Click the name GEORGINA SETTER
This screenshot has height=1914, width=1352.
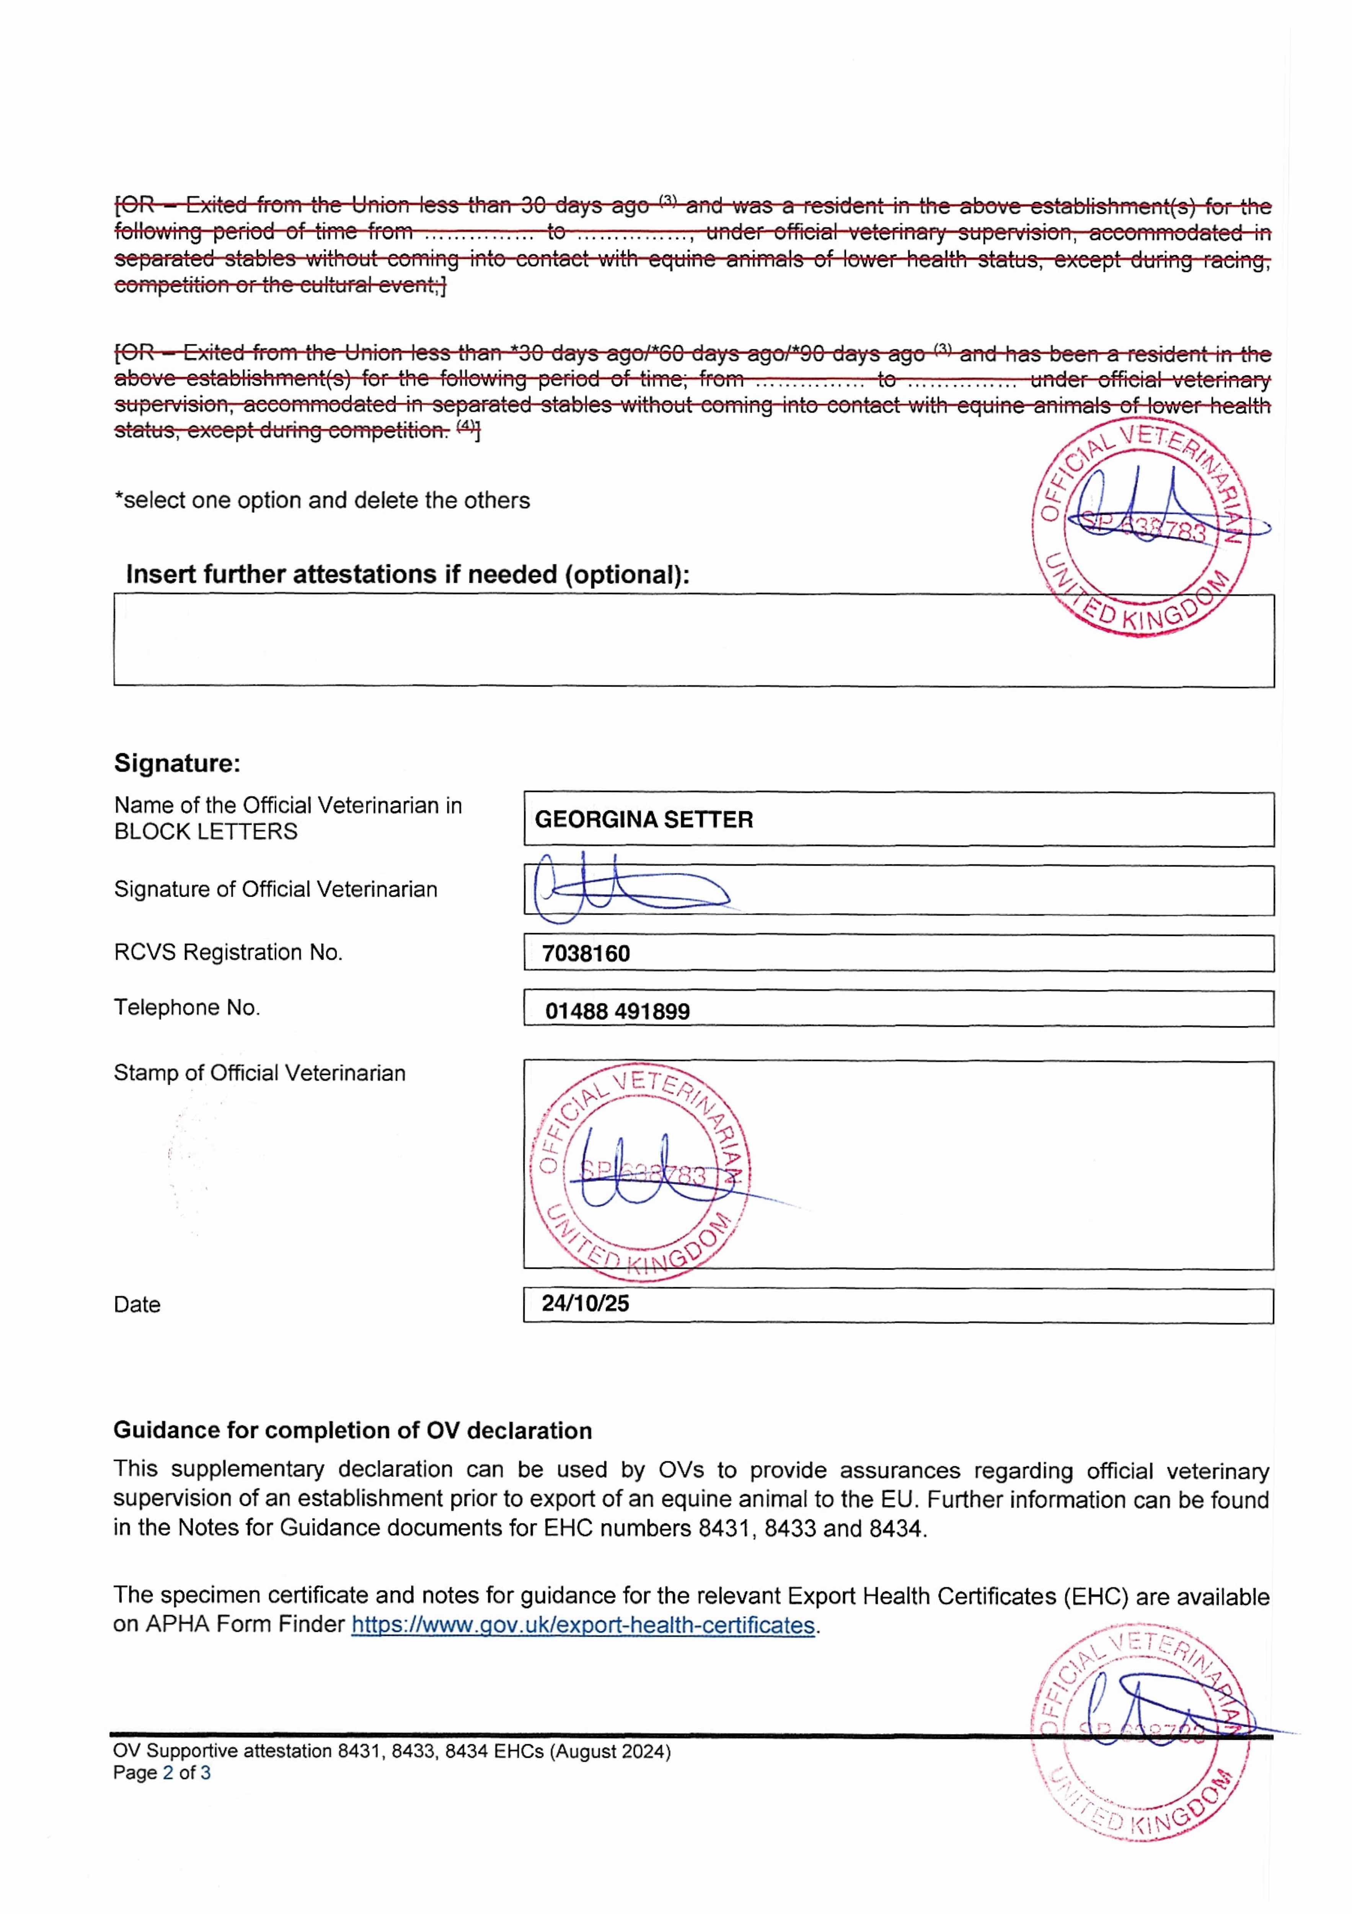644,820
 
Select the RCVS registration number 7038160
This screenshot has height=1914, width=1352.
586,954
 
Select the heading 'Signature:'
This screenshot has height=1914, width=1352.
177,763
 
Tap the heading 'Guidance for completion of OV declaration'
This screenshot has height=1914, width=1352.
352,1431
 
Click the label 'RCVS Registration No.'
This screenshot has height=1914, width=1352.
228,952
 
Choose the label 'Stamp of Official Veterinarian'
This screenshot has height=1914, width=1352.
259,1073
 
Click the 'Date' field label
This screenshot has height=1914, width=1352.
137,1305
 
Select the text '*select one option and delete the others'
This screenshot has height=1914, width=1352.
322,500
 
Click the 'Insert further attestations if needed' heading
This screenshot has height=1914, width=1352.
408,574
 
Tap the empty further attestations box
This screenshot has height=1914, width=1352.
584,640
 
